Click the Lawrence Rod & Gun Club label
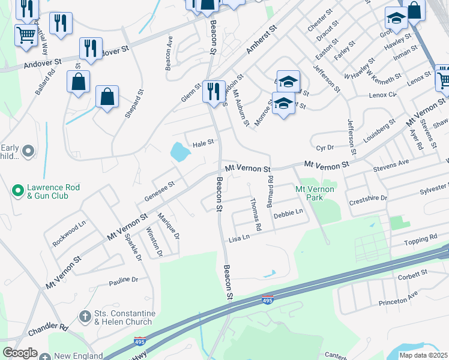pos(53,191)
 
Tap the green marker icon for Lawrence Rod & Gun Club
pos(18,191)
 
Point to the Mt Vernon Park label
pos(314,193)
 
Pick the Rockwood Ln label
pos(70,229)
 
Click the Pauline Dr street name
pos(124,280)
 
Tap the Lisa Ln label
pos(238,239)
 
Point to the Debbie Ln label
pos(288,214)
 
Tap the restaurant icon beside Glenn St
pos(214,91)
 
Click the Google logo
pos(20,353)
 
